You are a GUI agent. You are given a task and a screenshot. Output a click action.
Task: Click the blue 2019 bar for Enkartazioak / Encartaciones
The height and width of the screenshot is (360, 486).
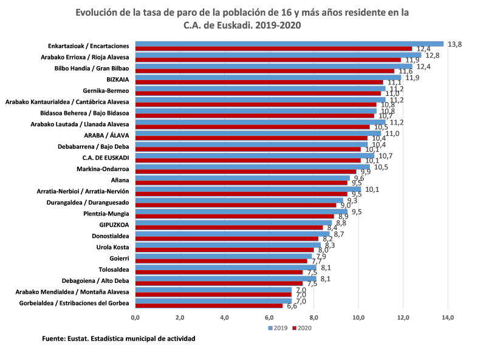(289, 44)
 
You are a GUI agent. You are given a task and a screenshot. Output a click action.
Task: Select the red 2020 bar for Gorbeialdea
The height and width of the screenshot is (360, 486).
(209, 306)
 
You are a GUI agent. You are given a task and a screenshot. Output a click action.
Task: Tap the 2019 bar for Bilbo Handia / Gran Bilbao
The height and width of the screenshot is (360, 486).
(273, 66)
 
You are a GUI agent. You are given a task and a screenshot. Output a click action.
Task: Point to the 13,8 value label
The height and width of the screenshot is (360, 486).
(454, 44)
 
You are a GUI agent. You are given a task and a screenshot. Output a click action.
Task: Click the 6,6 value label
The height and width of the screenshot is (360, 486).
(292, 307)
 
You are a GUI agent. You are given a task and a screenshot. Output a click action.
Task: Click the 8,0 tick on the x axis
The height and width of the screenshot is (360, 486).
(313, 318)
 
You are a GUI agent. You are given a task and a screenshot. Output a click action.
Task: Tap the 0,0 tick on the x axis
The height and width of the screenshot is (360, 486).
(135, 318)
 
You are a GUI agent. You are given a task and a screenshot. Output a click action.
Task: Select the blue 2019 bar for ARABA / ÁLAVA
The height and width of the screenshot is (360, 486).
(258, 133)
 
